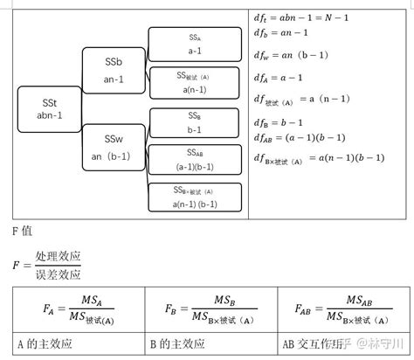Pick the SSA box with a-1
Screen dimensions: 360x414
[194, 44]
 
